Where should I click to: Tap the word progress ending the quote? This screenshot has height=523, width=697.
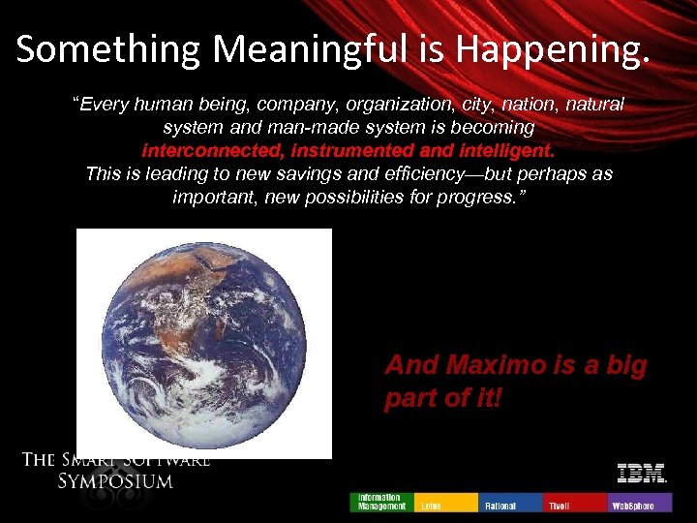point(484,198)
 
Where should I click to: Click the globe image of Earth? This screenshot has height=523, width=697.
point(204,343)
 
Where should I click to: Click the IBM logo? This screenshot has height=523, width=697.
point(641,474)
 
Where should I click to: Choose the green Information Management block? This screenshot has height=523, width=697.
point(381,502)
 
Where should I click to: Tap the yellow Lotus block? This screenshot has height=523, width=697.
point(445,502)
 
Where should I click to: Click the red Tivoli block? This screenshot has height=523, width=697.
point(575,502)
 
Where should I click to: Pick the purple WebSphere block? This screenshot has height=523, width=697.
point(640,502)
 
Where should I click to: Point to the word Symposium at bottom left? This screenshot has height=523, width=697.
point(115,481)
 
